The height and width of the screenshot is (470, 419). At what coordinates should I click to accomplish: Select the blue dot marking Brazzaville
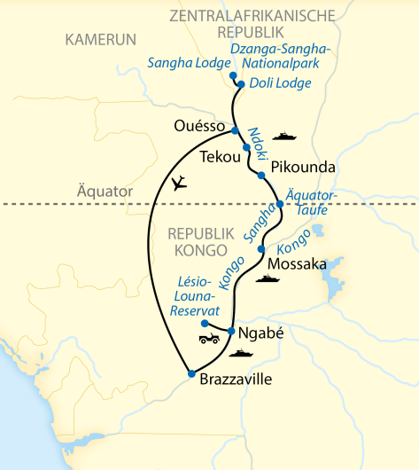190,373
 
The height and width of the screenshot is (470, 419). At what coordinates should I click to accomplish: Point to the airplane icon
182,184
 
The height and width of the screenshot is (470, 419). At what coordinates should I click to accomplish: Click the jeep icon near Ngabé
210,339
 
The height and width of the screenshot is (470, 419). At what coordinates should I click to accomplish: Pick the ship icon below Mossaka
267,278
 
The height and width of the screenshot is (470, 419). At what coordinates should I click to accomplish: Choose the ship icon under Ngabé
240,353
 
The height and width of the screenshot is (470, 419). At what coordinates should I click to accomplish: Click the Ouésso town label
198,126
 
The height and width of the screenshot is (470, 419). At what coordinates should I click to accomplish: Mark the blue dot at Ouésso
236,131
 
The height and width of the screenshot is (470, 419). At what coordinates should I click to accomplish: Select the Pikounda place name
297,166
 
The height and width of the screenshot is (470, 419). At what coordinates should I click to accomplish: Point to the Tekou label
221,157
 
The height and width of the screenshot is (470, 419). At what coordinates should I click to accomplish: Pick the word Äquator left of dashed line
105,192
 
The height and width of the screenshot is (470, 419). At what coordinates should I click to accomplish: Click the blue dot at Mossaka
260,249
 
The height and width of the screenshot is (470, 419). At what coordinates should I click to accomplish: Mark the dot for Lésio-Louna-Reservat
206,324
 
